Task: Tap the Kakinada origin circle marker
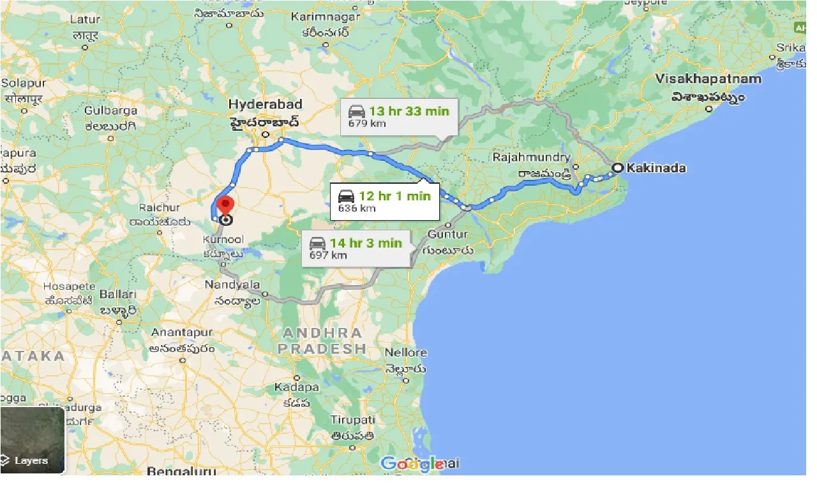coord(617,168)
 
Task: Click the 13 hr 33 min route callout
coord(398,116)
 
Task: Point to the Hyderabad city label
coord(265,104)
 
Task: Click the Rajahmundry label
coord(531,157)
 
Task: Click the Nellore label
coord(405,353)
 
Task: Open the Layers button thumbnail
coord(33,440)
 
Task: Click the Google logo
coord(412,463)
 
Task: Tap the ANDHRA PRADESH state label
coord(322,341)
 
